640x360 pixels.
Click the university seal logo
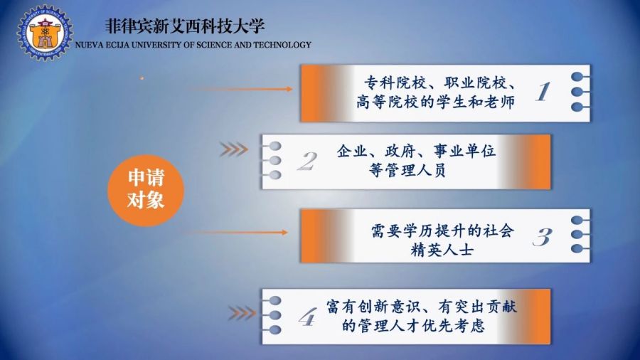(x=45, y=33)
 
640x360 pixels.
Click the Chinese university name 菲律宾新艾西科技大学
(x=185, y=26)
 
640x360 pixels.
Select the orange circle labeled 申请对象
(x=146, y=190)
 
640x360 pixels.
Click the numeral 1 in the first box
(x=543, y=92)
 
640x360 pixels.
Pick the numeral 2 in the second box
(x=307, y=161)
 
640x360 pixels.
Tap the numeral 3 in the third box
(x=542, y=236)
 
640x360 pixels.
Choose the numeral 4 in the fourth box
(x=307, y=317)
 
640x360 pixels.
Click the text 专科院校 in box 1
(x=395, y=83)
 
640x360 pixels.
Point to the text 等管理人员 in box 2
(x=407, y=170)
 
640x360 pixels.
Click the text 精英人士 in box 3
(x=442, y=250)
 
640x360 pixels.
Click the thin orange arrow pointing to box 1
(x=240, y=88)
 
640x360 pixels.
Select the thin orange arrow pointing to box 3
(x=235, y=232)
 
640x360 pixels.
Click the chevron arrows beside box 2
(x=233, y=149)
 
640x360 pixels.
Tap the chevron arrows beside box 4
(x=242, y=313)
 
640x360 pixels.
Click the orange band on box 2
(x=530, y=162)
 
